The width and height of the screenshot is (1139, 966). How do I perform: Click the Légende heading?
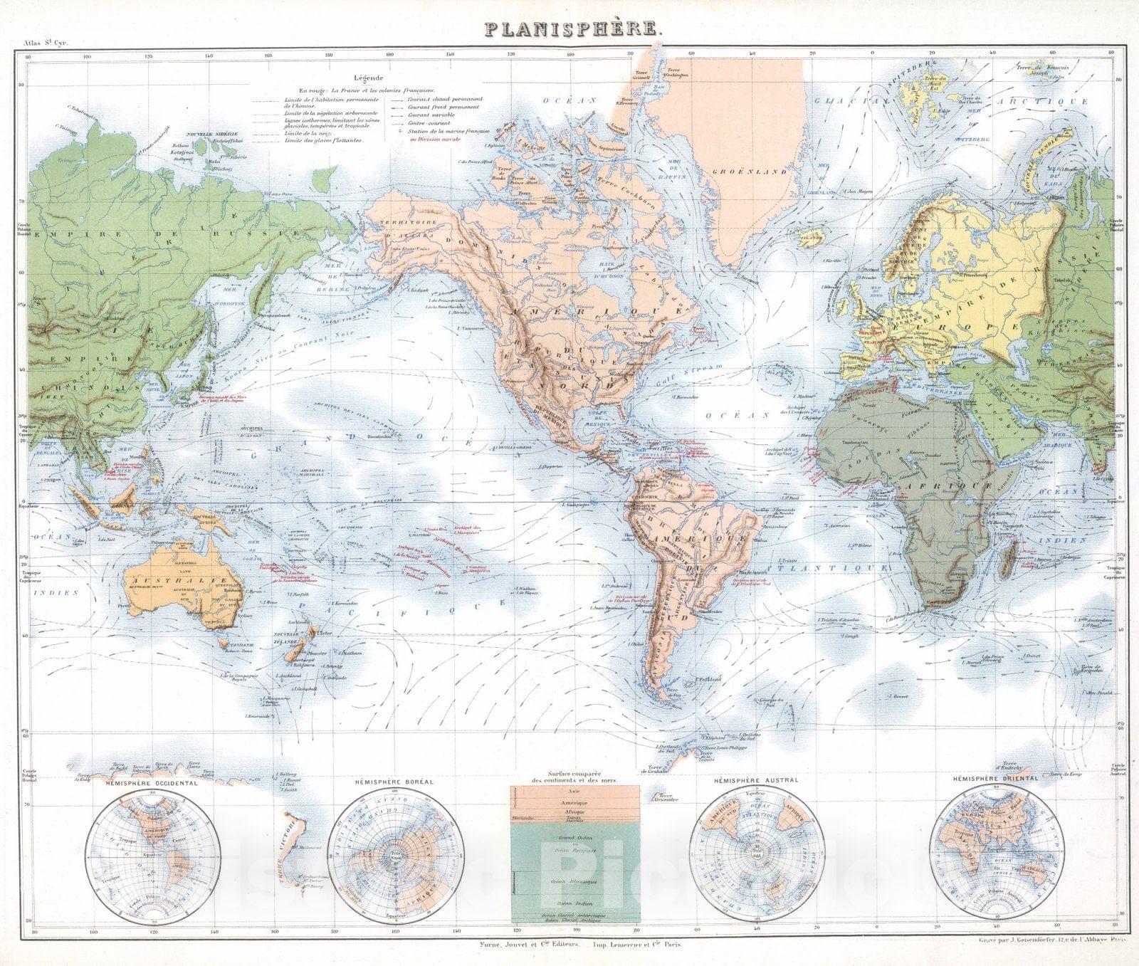click(368, 78)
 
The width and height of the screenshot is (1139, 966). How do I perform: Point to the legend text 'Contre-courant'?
click(429, 123)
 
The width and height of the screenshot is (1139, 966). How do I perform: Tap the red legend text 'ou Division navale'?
click(436, 140)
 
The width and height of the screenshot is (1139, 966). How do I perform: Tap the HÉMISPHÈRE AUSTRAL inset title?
click(760, 779)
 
